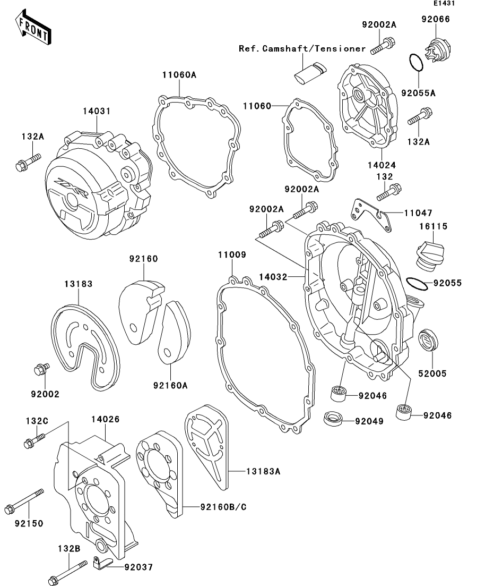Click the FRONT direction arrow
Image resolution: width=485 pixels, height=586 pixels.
coord(33,27)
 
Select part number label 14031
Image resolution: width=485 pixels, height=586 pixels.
coord(97,111)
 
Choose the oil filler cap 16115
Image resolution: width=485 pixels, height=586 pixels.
coord(429,256)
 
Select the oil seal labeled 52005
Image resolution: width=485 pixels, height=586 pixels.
coord(428,339)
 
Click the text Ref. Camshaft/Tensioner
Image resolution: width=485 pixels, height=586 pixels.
coord(302,48)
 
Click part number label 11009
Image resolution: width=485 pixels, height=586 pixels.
coord(232,254)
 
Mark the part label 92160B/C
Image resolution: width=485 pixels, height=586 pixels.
coord(223,507)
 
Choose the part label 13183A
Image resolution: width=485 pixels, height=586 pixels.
coord(263,472)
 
